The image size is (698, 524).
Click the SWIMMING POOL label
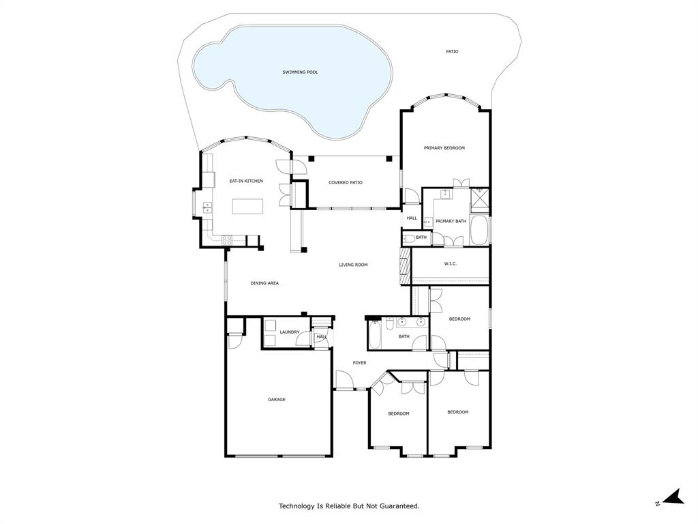(300, 72)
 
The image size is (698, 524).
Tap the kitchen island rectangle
(247, 206)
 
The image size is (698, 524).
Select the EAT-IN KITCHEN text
(245, 181)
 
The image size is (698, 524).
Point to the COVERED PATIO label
(345, 183)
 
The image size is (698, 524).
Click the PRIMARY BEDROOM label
(444, 148)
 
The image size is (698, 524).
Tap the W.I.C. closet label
(450, 264)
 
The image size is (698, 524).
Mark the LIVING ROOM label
(353, 265)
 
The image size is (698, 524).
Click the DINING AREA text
(264, 283)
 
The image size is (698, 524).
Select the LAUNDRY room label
(289, 332)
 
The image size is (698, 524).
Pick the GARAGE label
(276, 400)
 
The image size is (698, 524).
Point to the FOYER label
(359, 363)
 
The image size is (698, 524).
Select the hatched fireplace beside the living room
(405, 265)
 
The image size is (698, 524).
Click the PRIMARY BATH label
(451, 221)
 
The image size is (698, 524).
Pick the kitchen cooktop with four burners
(227, 239)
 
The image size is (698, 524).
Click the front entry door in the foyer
(342, 380)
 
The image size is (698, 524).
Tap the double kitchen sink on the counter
(207, 207)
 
